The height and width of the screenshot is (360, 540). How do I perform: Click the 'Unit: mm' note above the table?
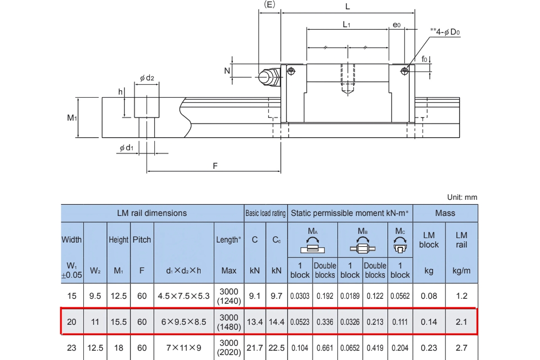pos(462,197)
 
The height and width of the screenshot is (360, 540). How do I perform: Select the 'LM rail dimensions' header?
pos(152,213)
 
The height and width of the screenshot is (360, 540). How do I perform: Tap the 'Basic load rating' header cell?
pos(265,213)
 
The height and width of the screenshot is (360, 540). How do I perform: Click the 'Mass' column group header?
pos(445,213)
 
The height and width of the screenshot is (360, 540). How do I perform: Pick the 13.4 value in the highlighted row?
pos(255,322)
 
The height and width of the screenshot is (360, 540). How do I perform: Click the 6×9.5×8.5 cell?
pos(184,322)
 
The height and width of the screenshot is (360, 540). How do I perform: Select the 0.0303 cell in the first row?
pos(300,296)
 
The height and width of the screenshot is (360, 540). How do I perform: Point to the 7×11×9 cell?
pos(184,348)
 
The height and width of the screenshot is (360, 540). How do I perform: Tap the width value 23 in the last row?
pos(72,348)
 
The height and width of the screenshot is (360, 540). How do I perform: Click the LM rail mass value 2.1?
pos(461,322)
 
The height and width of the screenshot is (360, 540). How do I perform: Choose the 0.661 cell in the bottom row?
pos(325,348)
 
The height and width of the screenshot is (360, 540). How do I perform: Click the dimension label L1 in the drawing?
pos(346,25)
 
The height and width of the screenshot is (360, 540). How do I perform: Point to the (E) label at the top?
pos(269,4)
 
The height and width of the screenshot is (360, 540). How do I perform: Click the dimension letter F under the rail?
pos(215,166)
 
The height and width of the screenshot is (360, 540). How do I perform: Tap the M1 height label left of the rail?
pos(72,118)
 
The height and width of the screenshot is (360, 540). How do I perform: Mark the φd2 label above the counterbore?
pos(147,78)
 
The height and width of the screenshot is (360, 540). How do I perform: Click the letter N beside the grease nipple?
pos(227,71)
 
